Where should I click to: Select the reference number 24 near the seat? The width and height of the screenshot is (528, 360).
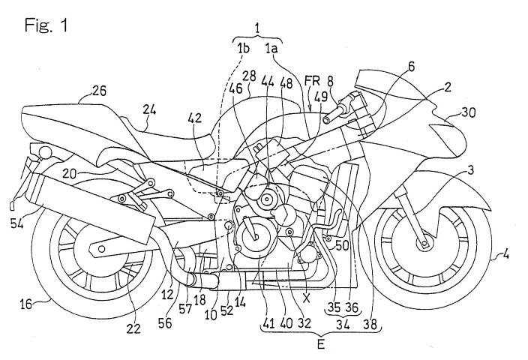click(150, 109)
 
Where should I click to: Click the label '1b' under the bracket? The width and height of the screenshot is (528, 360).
click(243, 48)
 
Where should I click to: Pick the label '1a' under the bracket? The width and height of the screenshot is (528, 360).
click(271, 48)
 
